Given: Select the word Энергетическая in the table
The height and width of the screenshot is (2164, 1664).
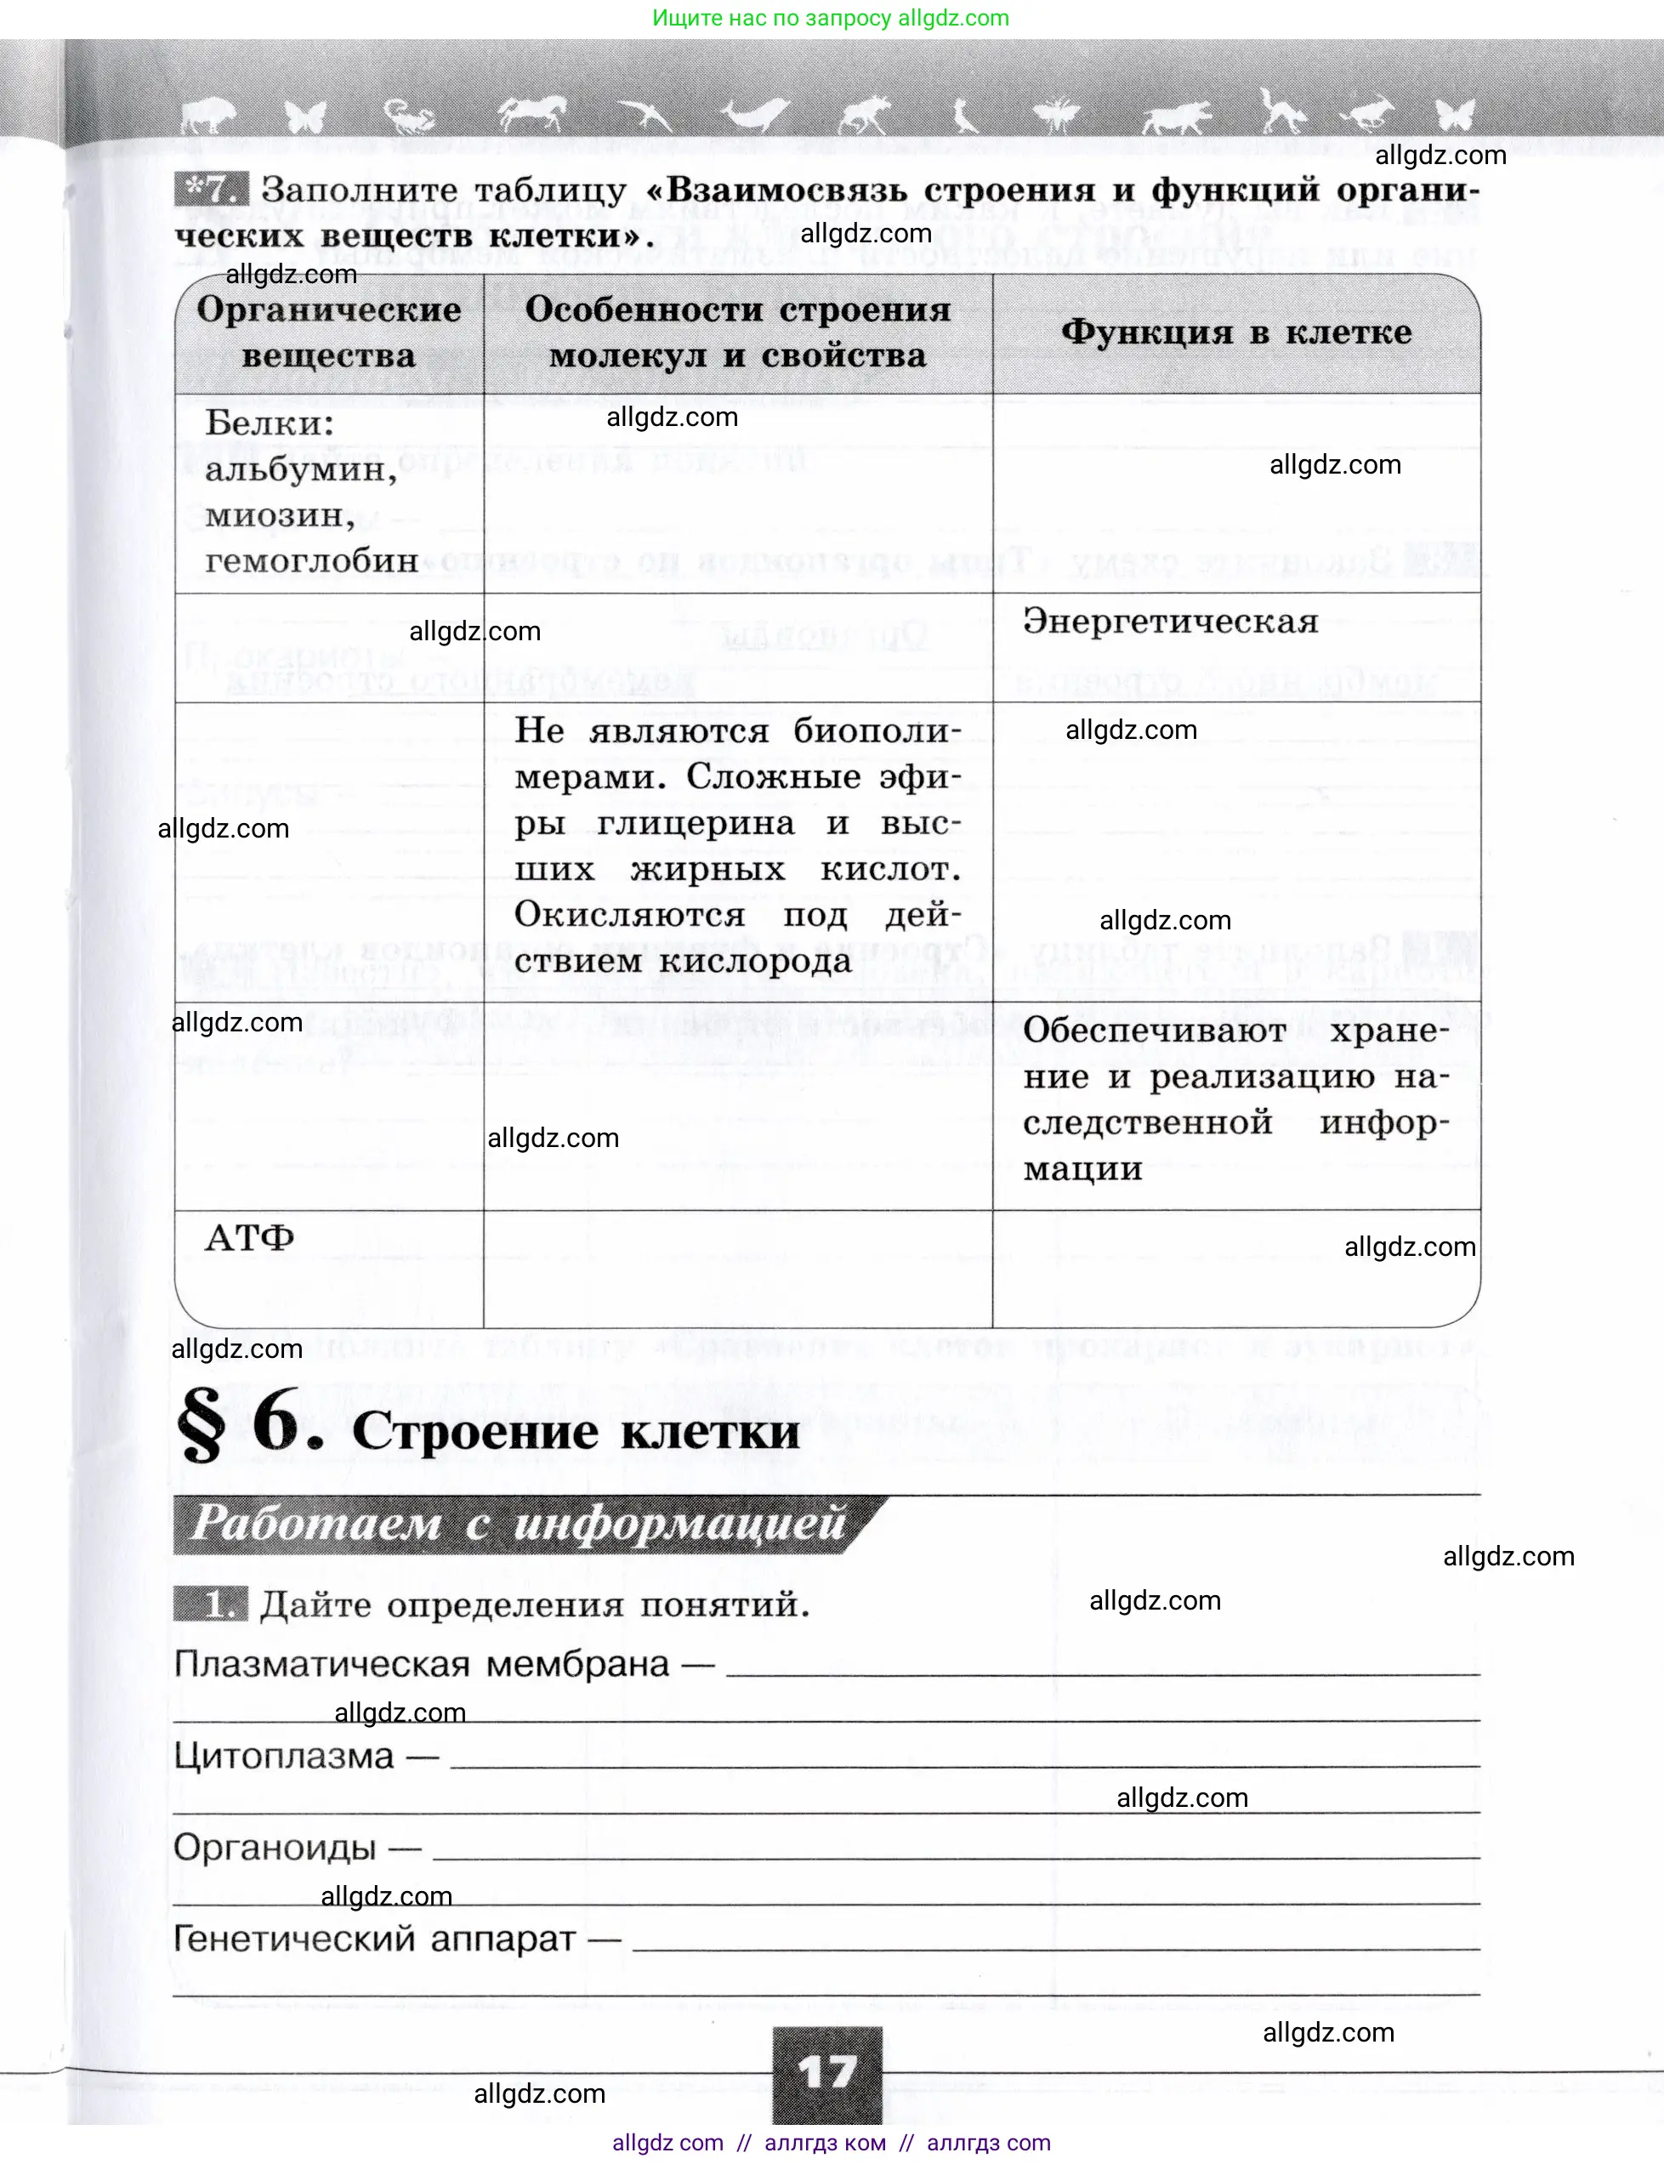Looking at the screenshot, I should (x=1170, y=622).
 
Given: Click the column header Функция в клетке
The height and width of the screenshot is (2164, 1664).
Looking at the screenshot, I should (x=1236, y=332).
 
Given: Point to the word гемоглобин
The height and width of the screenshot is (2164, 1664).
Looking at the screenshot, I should (x=311, y=560).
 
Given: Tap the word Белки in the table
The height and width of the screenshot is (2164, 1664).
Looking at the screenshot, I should (x=269, y=424).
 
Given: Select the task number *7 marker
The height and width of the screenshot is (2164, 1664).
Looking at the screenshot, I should (x=210, y=189).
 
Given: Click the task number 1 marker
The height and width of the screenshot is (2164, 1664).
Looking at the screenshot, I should (x=210, y=1604).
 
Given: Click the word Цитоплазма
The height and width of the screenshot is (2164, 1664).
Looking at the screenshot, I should (x=283, y=1756).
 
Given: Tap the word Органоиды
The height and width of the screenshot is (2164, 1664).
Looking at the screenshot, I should (x=275, y=1847).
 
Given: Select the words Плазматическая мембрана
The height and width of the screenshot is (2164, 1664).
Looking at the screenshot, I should (x=422, y=1664).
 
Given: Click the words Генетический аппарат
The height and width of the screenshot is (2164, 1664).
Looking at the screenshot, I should (x=374, y=1938).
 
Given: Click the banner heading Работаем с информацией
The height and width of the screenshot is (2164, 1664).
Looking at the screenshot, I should (x=518, y=1523).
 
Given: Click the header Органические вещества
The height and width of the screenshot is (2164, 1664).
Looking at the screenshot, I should (x=328, y=332).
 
